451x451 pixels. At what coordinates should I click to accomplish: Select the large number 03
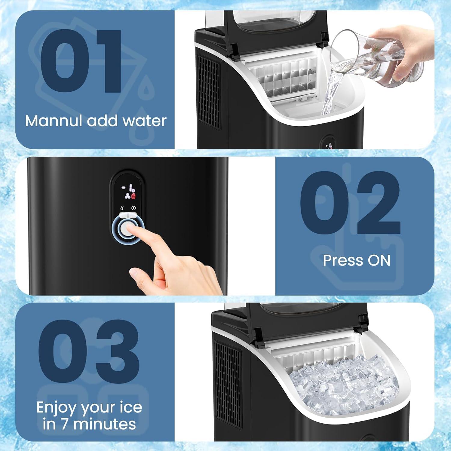(89, 351)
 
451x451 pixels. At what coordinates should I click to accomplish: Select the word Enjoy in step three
(56, 408)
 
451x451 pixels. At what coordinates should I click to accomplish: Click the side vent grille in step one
(208, 93)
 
